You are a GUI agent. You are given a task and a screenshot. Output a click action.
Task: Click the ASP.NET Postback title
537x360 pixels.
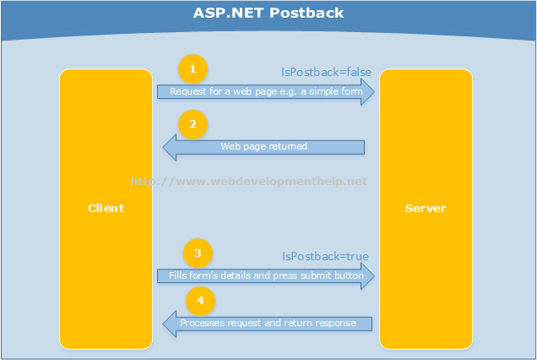[x=268, y=14]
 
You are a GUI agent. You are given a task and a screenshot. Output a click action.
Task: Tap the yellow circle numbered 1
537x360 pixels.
[x=193, y=68]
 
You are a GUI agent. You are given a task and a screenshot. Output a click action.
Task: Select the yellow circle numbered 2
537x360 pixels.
[x=193, y=125]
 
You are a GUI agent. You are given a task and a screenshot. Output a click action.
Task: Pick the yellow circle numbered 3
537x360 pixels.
[x=198, y=253]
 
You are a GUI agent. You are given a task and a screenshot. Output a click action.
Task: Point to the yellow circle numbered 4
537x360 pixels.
[x=200, y=300]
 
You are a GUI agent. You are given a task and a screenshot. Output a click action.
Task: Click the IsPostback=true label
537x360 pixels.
[x=325, y=256]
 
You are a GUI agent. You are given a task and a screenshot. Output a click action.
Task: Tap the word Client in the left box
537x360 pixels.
[x=106, y=208]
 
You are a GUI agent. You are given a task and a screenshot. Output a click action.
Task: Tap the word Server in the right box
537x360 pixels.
[x=426, y=208]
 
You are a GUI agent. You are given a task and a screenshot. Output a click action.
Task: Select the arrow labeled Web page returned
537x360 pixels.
[x=263, y=147]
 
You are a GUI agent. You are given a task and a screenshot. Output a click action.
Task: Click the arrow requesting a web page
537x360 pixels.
[x=265, y=91]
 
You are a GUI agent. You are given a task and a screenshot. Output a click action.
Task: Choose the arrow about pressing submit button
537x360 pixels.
[x=265, y=275]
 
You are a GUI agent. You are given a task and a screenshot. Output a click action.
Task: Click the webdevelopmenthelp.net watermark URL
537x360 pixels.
[x=249, y=181]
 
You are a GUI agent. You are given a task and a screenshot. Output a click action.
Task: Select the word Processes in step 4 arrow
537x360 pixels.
[x=202, y=323]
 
